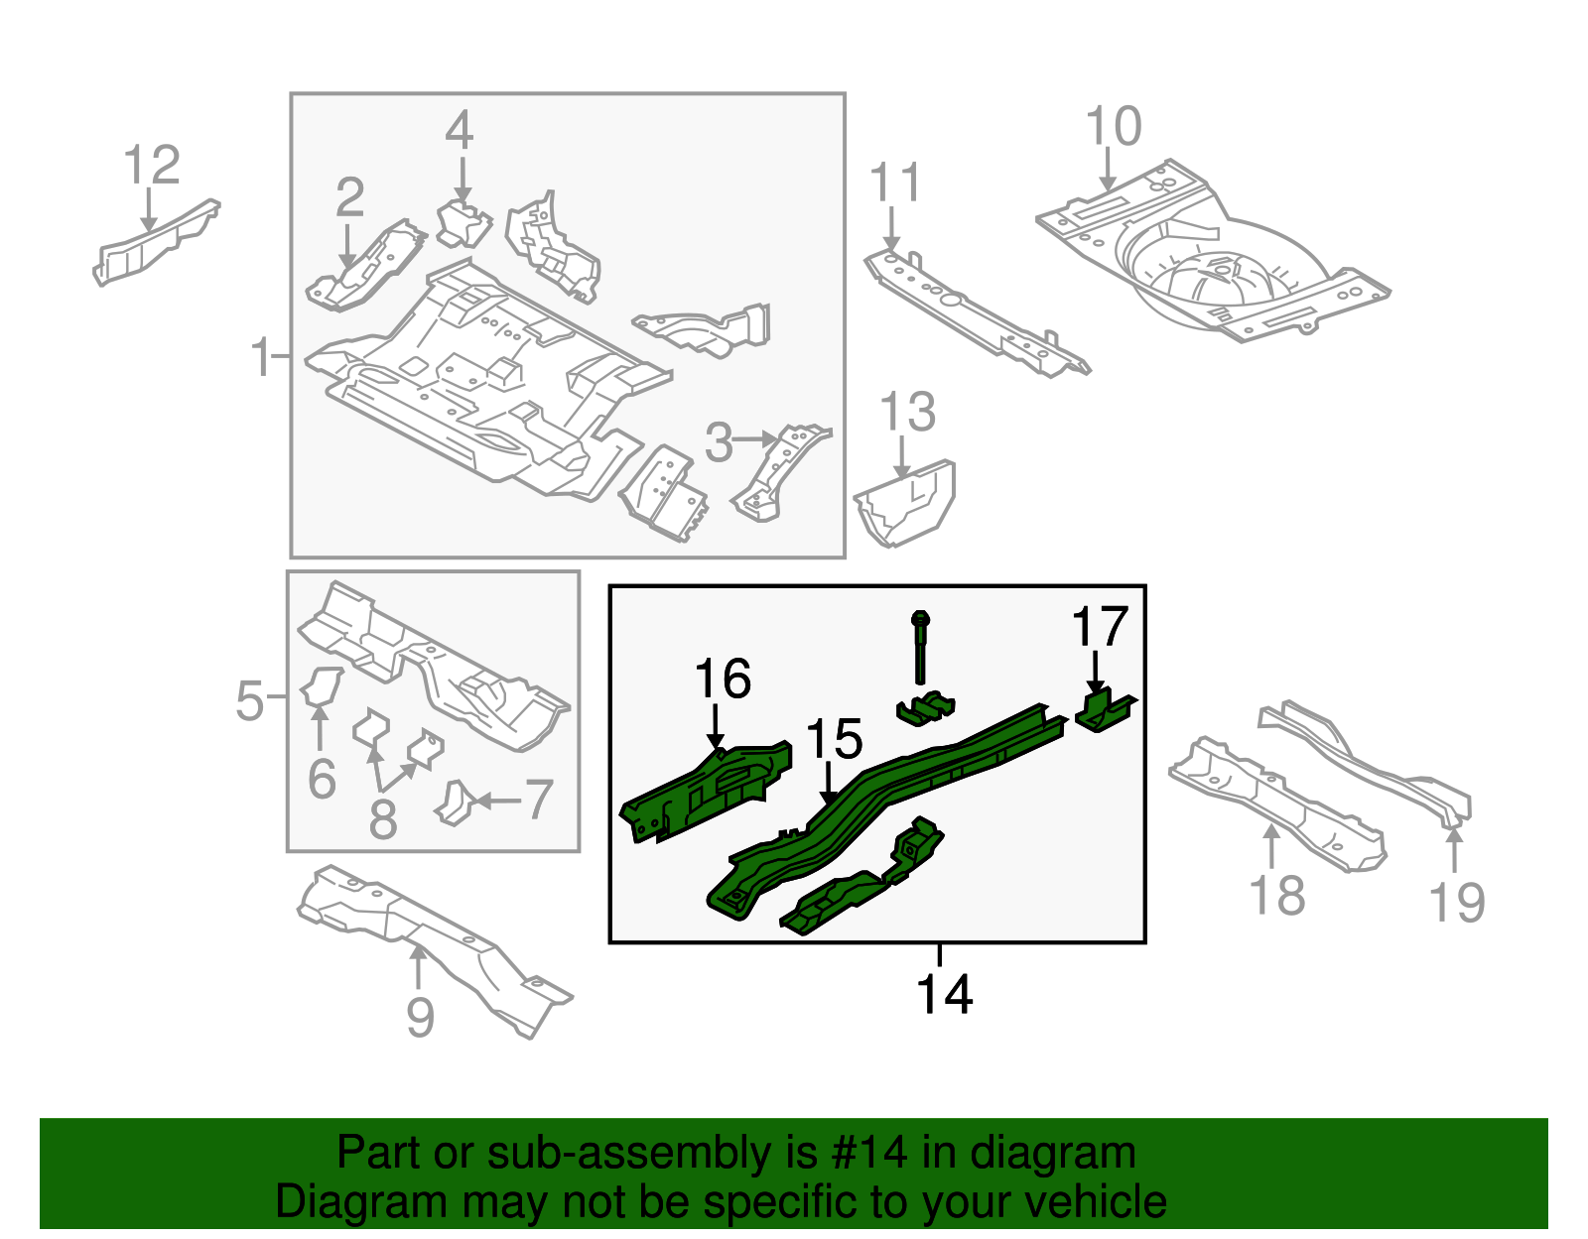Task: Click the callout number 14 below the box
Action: coord(944,994)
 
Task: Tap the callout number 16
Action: coord(722,680)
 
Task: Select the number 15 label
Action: coord(834,740)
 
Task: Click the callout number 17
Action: coord(1100,627)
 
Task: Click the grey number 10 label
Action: coord(1114,127)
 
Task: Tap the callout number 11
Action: coord(895,184)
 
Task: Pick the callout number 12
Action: coord(152,165)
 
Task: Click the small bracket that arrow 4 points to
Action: coord(463,223)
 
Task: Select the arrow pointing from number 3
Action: coord(755,438)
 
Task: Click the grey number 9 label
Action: coord(420,1017)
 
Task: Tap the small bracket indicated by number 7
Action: coord(455,804)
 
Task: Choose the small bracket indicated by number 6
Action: coord(322,688)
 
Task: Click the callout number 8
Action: coord(382,819)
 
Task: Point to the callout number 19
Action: coord(1456,902)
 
